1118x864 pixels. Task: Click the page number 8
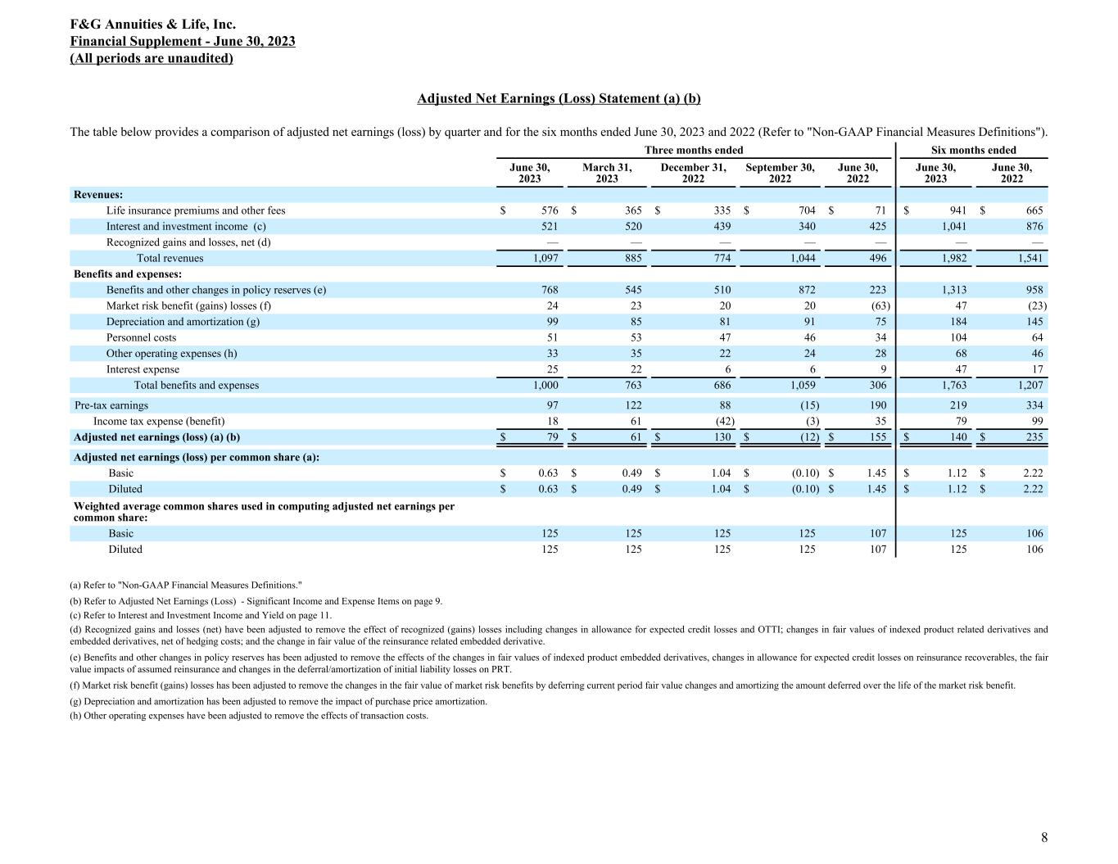click(x=1043, y=837)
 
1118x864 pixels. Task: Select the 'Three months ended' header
click(x=694, y=150)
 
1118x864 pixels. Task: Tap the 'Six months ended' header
click(x=973, y=150)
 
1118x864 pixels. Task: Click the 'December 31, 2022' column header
click(x=693, y=173)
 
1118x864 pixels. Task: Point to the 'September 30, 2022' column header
click(x=780, y=173)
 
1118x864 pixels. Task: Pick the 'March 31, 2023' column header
click(x=607, y=173)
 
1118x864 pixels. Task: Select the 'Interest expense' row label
click(x=143, y=369)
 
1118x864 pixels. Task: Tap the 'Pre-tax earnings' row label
click(x=111, y=405)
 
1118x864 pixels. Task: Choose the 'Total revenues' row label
click(x=170, y=258)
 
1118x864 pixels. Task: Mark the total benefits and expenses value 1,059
click(x=802, y=385)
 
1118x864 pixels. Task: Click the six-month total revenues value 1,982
click(x=952, y=258)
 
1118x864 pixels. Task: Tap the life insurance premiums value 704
click(x=806, y=210)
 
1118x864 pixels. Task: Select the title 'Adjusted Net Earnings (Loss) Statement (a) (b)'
click(x=559, y=98)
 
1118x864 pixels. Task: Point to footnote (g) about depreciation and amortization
click(x=278, y=701)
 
